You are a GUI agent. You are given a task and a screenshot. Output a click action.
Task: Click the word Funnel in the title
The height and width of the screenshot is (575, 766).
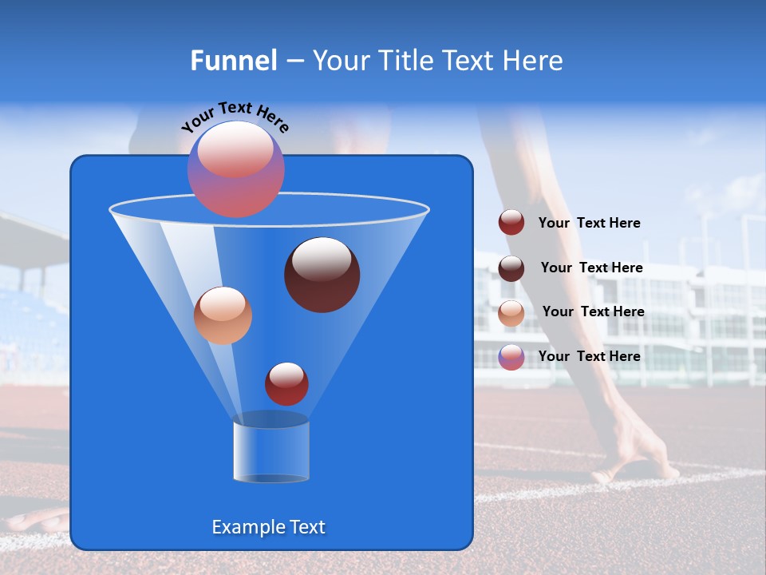click(x=233, y=61)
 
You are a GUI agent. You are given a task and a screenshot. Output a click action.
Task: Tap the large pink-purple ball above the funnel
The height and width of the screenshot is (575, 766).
click(x=236, y=169)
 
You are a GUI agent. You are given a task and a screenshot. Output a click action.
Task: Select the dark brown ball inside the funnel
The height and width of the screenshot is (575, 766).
click(x=322, y=274)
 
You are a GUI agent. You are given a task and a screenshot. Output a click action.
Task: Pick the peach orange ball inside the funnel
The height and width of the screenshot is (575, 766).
click(x=223, y=315)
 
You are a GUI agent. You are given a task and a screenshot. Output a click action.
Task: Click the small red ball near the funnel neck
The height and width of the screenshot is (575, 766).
click(x=286, y=383)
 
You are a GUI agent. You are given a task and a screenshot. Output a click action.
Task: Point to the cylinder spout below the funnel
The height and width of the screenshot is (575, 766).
click(x=271, y=448)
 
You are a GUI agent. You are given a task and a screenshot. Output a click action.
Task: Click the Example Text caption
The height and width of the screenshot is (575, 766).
click(x=268, y=527)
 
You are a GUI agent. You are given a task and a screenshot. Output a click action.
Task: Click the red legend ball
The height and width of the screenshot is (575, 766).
click(x=511, y=223)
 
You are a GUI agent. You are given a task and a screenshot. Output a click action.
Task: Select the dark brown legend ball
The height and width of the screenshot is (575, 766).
click(x=511, y=268)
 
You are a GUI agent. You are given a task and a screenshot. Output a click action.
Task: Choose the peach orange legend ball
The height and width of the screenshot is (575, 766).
click(x=511, y=312)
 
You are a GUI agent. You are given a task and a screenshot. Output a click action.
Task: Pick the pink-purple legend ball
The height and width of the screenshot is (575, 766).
click(x=511, y=357)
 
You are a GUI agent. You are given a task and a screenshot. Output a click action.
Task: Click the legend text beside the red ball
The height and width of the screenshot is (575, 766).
click(x=589, y=224)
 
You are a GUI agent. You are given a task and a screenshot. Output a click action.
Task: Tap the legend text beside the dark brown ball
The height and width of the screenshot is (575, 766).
click(x=591, y=268)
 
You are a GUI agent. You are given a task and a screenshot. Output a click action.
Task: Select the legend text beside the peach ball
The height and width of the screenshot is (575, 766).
click(x=593, y=311)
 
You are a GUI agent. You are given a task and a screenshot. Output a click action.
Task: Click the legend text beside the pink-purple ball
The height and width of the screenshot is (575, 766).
click(x=589, y=356)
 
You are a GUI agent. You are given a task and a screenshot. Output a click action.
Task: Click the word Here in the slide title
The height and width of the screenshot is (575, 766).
click(x=534, y=61)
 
